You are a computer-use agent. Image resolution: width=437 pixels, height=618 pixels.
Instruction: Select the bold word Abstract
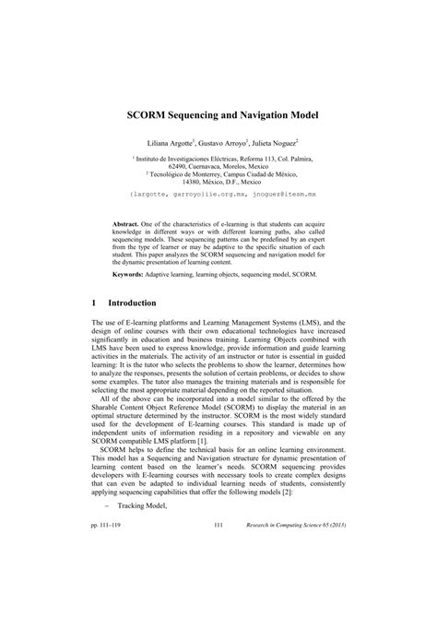(x=128, y=224)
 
